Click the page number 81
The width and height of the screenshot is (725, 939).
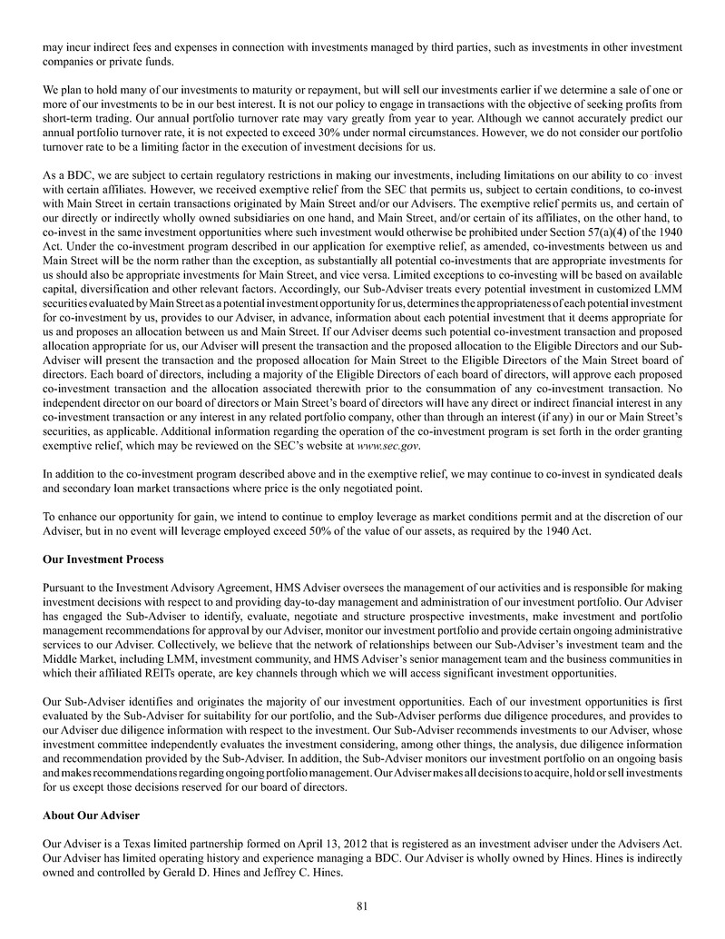362,904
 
